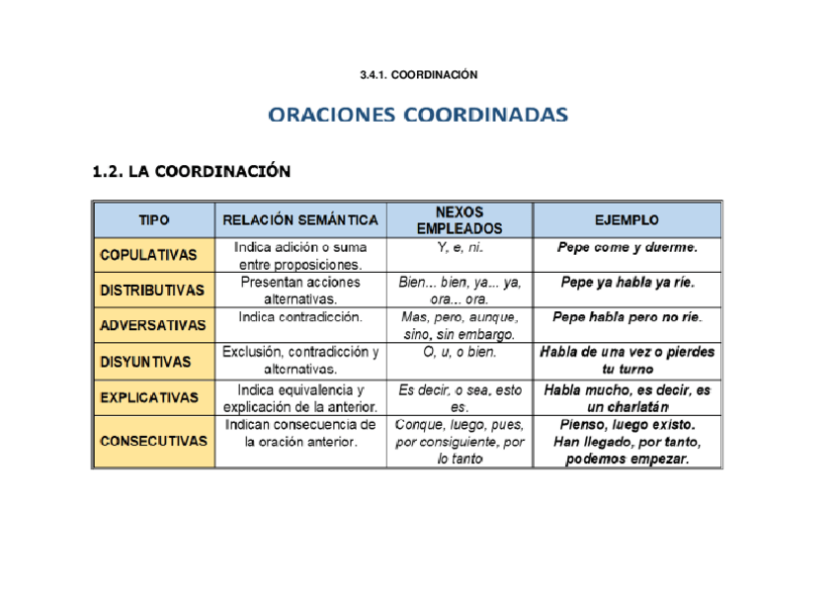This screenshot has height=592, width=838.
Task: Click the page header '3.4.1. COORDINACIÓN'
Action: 419,75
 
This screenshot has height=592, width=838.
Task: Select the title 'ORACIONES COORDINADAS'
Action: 419,116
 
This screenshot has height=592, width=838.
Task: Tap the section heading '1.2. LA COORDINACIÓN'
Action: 191,172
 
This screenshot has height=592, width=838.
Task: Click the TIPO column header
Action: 153,219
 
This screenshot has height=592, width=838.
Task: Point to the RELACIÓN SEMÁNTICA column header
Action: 300,219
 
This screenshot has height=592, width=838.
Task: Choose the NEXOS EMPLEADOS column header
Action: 460,219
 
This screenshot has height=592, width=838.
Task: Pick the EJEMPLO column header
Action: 628,219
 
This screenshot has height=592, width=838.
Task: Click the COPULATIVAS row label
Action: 148,255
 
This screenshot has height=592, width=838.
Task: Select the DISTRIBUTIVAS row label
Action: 152,291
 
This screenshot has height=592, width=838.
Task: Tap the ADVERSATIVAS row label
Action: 152,325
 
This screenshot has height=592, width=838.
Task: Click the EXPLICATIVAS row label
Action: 149,397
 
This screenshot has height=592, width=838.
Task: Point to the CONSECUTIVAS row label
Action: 153,442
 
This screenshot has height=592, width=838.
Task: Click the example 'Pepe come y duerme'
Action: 628,247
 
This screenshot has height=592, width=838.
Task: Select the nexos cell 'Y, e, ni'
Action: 460,247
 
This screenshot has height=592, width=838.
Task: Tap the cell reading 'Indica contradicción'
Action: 300,318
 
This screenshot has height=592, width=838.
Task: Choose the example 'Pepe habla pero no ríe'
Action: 628,318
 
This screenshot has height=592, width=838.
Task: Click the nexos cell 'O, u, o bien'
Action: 460,353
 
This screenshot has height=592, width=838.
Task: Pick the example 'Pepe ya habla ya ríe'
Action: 628,283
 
